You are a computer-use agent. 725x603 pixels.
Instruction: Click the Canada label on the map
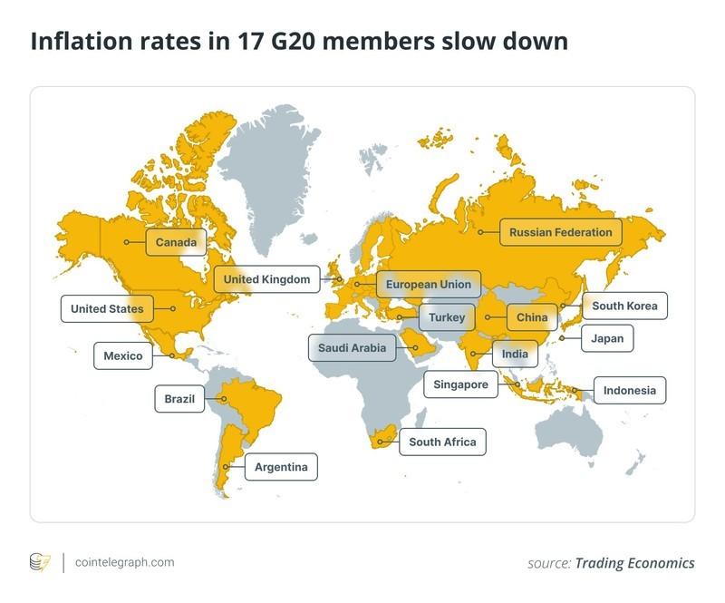pos(176,242)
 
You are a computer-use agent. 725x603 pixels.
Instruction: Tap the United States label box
pos(107,309)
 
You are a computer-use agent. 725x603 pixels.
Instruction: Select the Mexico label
pos(123,355)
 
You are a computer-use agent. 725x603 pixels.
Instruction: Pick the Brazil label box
pos(181,398)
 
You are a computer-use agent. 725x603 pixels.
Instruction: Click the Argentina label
pos(281,468)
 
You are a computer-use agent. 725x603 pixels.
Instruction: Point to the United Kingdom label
pos(267,279)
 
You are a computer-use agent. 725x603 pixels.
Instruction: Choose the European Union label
pos(428,285)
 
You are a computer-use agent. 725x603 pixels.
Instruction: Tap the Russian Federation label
pos(560,233)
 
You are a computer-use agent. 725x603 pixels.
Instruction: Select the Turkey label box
pos(447,317)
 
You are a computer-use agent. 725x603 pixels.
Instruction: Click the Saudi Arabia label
pos(352,347)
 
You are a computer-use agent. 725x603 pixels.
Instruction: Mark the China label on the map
pos(532,317)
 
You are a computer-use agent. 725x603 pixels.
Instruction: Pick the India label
pos(514,354)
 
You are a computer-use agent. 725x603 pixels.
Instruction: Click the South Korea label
pos(624,306)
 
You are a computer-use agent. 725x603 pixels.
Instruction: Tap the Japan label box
pos(607,338)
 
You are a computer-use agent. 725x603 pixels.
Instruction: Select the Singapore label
pos(461,384)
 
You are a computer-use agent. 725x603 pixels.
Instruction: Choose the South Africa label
pos(442,443)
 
